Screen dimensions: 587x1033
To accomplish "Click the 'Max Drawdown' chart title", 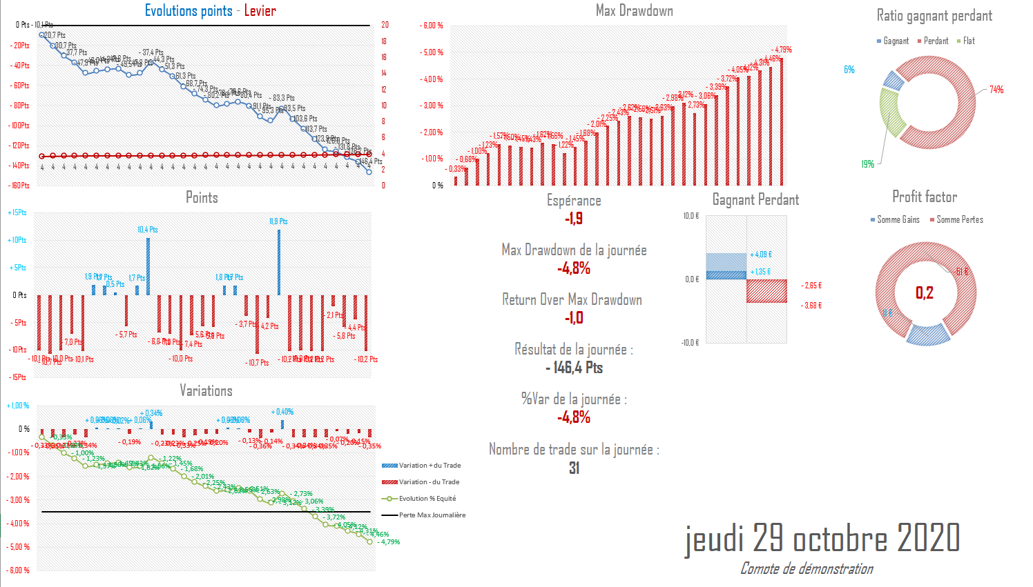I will (x=634, y=10).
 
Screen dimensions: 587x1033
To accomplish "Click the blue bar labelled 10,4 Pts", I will (x=148, y=266).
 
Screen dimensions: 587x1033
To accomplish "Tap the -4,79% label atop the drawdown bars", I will (x=782, y=50).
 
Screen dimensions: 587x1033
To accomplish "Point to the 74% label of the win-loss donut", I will (x=996, y=90).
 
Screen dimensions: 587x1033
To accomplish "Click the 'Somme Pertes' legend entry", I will (x=959, y=219).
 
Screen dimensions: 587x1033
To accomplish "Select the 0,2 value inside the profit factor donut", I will (x=924, y=293).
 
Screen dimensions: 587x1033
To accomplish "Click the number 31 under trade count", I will (x=574, y=468).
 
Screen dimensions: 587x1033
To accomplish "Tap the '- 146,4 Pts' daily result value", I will (x=574, y=368).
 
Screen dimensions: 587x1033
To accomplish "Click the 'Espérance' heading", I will (x=574, y=201).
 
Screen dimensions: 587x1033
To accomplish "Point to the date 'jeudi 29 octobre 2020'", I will (x=822, y=538).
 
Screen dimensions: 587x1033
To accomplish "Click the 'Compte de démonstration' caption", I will (x=807, y=568).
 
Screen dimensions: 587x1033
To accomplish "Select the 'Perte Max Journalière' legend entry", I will (x=432, y=515).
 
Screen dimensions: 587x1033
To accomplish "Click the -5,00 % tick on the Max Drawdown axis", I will (x=432, y=52).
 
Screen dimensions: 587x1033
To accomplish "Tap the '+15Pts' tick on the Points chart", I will (x=17, y=212).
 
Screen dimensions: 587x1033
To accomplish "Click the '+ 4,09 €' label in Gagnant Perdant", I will (x=761, y=255).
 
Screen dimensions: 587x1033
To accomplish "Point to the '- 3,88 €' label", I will (x=811, y=306).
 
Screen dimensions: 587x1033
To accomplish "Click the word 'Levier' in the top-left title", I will (x=260, y=10).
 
